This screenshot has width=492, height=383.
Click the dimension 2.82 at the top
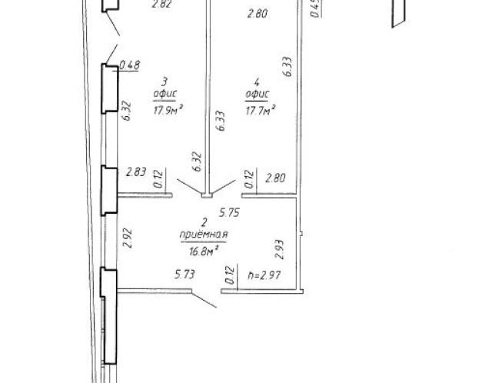tap(161, 4)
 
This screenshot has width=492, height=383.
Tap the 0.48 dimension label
tap(130, 65)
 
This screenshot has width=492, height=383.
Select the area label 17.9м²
tap(168, 110)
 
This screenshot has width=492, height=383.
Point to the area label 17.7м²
tap(261, 110)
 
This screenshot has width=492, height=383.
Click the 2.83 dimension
tap(136, 172)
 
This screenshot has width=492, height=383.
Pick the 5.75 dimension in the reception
tap(229, 212)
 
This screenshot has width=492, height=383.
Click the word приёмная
tap(204, 235)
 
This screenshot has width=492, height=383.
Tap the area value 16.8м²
tap(204, 251)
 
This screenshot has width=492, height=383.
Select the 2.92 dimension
tap(128, 238)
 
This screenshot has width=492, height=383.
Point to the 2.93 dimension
tap(279, 249)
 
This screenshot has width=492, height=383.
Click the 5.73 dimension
tap(184, 275)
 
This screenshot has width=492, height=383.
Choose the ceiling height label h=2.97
tap(264, 275)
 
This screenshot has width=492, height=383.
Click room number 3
tap(165, 82)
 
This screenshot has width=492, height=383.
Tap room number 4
tap(257, 82)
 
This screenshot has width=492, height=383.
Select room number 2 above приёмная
tap(204, 223)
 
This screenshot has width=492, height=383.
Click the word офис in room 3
tap(165, 94)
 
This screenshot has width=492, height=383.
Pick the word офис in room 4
tap(258, 94)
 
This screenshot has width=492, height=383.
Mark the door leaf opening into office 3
tap(190, 186)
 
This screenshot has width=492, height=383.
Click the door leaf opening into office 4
tap(224, 186)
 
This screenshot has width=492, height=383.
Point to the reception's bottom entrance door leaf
tap(204, 300)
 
